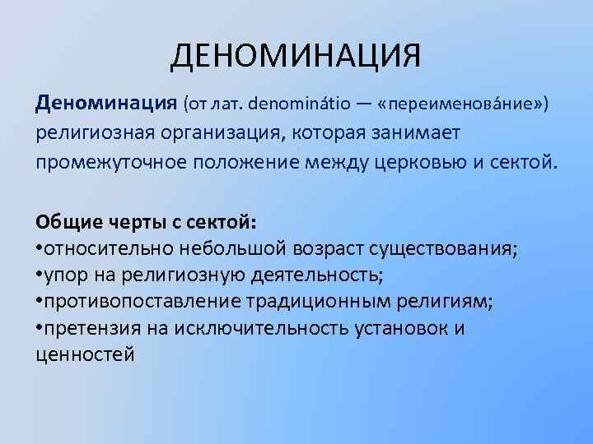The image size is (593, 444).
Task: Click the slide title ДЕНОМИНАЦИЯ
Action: click(296, 58)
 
